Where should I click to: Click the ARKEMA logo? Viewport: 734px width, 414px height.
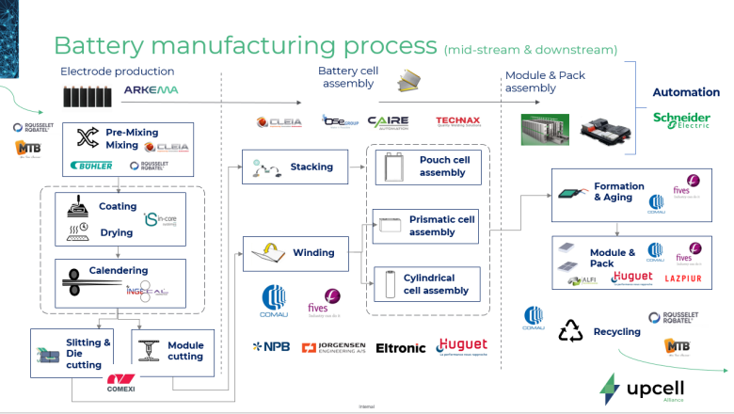pos(151,90)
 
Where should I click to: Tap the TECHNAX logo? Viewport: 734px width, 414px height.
pos(458,121)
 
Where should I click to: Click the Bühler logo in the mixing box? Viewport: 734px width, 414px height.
pos(91,166)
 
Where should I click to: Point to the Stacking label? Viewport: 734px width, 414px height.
pos(311,167)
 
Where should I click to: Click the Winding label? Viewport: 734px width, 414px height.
pos(313,252)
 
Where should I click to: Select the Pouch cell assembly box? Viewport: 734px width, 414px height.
pos(428,167)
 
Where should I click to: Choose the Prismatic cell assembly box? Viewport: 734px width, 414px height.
pos(428,226)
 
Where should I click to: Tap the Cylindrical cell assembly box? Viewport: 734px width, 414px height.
pos(428,284)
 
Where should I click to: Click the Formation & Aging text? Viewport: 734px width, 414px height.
pos(618,192)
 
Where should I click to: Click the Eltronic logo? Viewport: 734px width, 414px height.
pos(401,348)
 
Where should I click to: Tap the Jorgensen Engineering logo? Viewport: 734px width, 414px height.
pos(334,348)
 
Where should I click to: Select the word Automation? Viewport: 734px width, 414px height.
pos(686,92)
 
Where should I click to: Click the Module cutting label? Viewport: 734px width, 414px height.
pos(184,351)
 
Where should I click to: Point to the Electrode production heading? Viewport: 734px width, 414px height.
pos(117,72)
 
